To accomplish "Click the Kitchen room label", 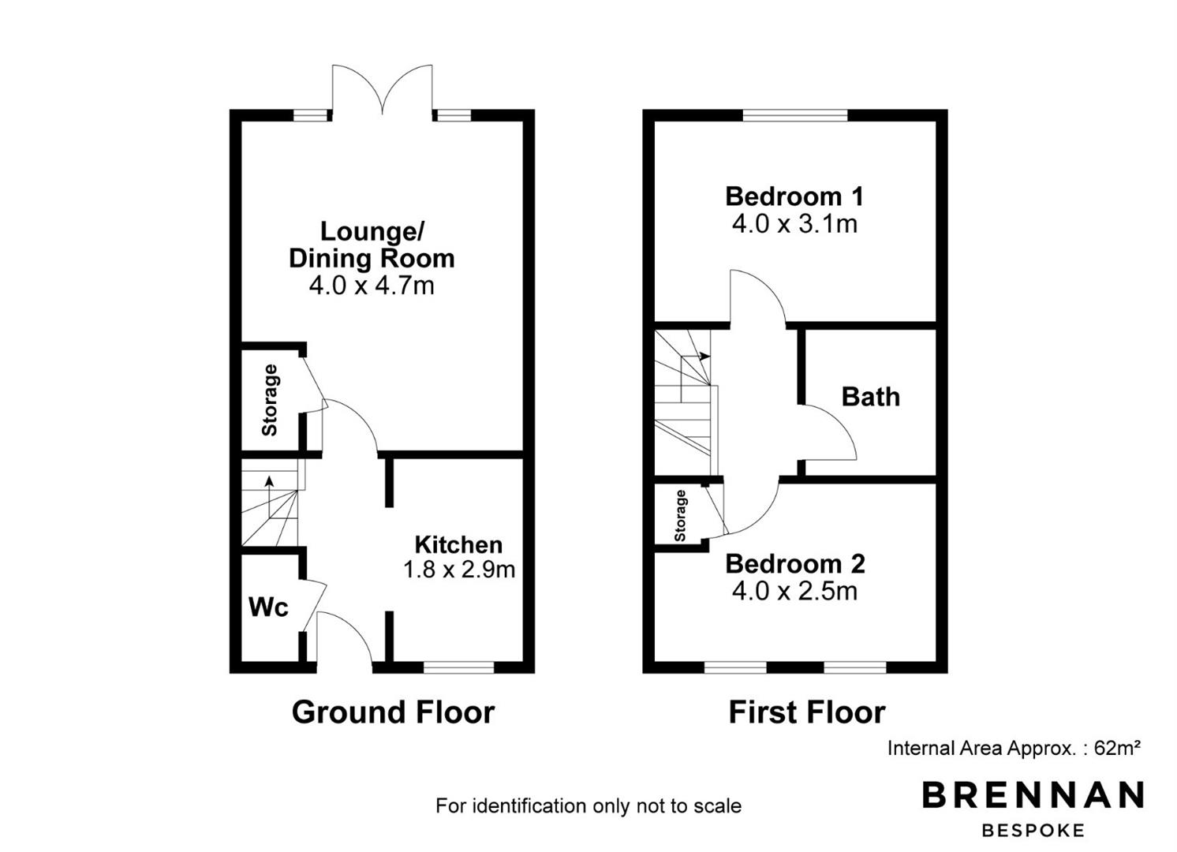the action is [458, 545].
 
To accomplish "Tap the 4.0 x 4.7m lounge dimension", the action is [372, 286].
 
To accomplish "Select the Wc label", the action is [268, 607].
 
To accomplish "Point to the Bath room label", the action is [871, 397].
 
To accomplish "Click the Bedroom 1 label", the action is [794, 196].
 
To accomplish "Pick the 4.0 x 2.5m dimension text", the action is [794, 592].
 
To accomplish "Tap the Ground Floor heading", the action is [393, 712].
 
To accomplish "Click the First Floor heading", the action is [807, 712].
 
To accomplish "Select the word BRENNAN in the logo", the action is [1033, 794].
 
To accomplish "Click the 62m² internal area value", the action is [1117, 748].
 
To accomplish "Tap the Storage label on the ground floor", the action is [270, 400].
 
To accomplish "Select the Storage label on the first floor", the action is [681, 516].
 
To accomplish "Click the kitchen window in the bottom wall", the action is [458, 667].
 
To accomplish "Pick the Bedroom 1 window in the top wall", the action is [795, 115].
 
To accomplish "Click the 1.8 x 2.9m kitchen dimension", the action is [458, 570].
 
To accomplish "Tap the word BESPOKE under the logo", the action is [1033, 831].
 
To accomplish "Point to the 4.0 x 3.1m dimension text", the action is [794, 224].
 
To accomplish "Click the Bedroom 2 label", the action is [794, 564].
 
